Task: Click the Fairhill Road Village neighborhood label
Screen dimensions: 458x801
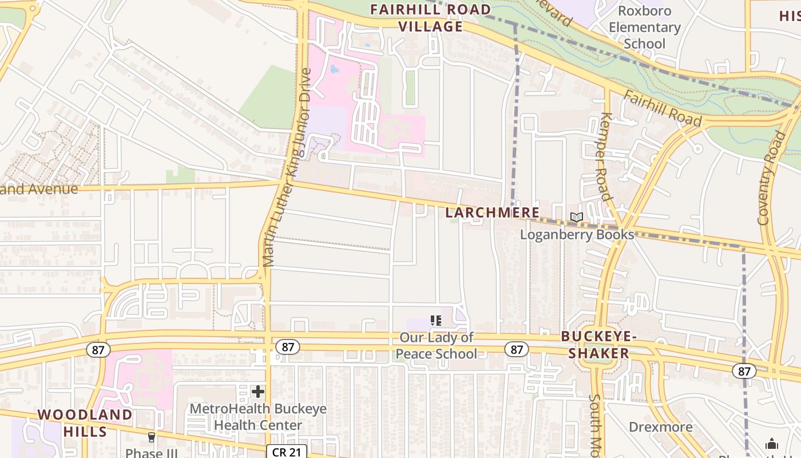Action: point(430,18)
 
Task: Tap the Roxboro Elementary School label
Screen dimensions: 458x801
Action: point(644,27)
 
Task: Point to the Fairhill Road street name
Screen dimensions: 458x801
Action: point(662,108)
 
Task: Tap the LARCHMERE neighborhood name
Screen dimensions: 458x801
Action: point(492,212)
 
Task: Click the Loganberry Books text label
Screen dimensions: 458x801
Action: point(577,234)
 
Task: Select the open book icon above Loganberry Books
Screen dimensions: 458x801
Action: point(577,218)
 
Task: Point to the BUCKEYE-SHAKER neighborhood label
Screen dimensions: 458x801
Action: point(598,345)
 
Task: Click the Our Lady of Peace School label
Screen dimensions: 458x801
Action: point(436,346)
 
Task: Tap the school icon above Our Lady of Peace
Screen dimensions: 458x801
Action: point(436,321)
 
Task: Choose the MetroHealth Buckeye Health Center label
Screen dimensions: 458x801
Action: point(258,417)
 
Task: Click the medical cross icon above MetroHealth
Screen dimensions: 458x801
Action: point(258,392)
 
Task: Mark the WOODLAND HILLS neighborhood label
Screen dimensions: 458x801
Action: point(85,423)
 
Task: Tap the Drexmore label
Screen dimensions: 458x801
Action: point(660,427)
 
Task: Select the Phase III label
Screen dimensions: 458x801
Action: point(151,453)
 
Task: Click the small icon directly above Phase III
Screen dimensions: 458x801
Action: point(151,437)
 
